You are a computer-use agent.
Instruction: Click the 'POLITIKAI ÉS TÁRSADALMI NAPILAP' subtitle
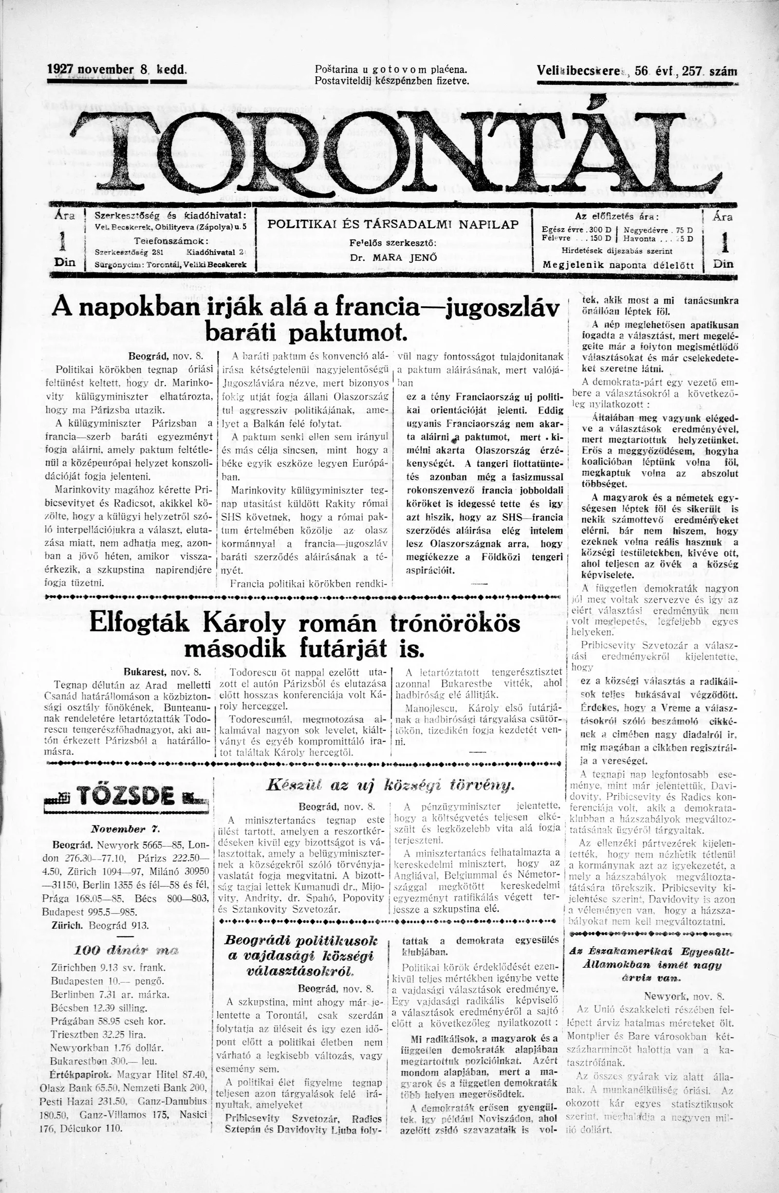[393, 224]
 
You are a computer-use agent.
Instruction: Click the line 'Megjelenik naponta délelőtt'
[619, 265]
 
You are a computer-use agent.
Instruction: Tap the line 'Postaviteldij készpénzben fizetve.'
[391, 80]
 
